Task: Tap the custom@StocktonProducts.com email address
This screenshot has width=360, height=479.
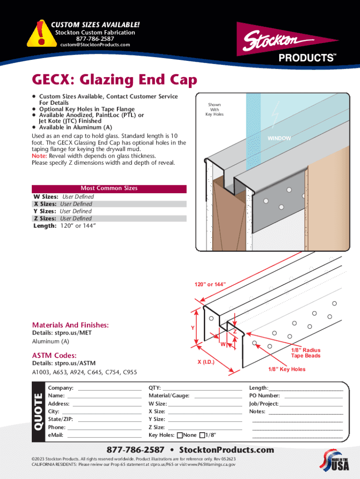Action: click(x=95, y=45)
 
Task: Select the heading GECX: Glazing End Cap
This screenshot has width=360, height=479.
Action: click(x=115, y=80)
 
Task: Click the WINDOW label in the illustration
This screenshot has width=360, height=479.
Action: click(x=279, y=138)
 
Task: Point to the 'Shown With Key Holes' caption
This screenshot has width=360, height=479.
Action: click(x=215, y=109)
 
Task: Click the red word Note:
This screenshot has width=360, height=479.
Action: click(x=39, y=156)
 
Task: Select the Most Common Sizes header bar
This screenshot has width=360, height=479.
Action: click(x=109, y=189)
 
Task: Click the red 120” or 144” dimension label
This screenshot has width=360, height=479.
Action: click(x=210, y=284)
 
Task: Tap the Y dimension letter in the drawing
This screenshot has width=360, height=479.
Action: click(x=193, y=328)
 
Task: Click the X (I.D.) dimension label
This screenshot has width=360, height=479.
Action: click(x=206, y=362)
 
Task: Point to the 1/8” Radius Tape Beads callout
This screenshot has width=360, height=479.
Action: click(x=306, y=353)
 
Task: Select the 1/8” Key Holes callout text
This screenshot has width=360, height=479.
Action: click(x=287, y=369)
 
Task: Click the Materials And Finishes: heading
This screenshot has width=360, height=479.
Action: click(x=70, y=325)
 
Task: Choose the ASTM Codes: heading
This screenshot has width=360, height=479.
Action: click(x=54, y=356)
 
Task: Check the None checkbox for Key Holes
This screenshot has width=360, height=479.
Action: click(x=180, y=435)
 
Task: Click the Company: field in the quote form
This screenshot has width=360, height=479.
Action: click(x=109, y=388)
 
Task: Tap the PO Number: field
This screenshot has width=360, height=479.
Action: click(x=313, y=396)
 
